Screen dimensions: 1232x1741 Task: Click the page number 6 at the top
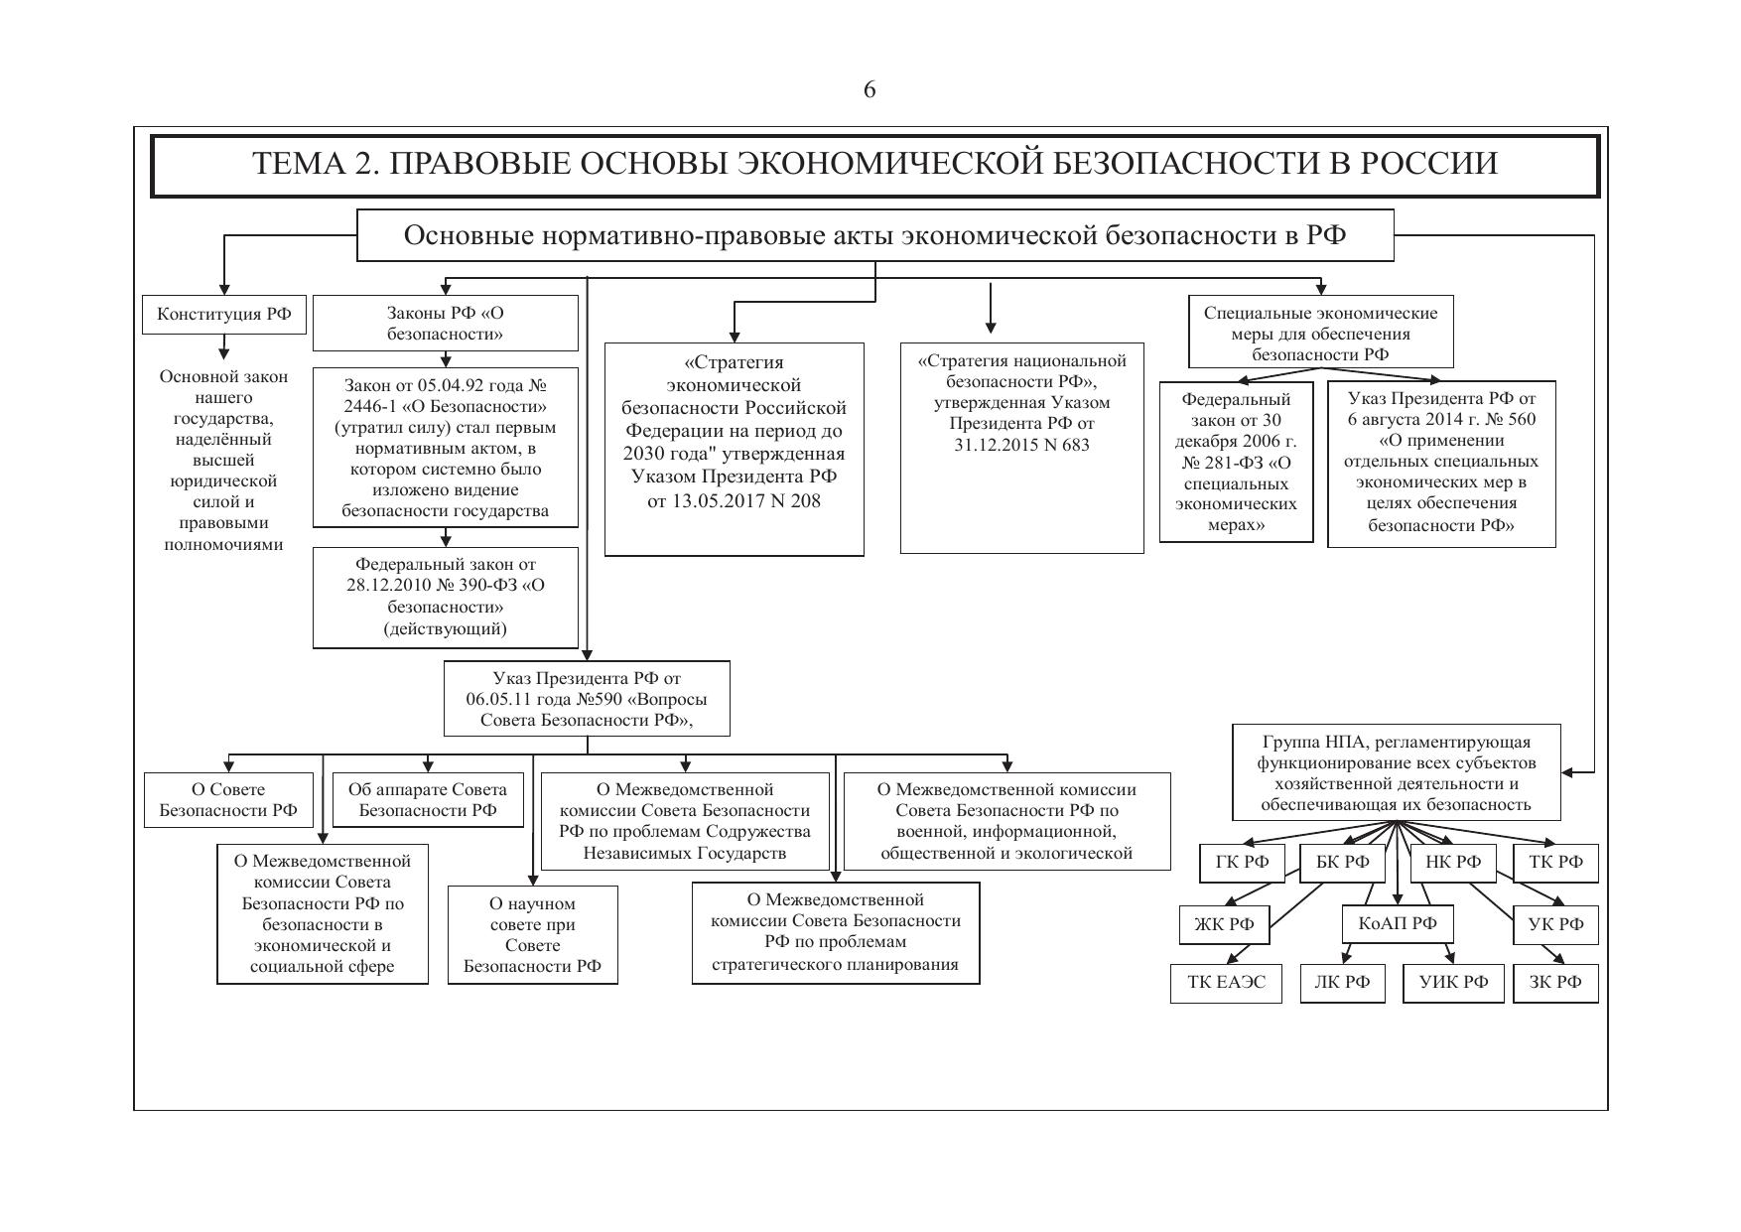870,90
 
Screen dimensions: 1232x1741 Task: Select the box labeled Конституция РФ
224,314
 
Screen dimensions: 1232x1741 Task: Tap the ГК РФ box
1242,862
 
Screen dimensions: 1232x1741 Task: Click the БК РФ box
1342,862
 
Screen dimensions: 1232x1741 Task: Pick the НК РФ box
1452,862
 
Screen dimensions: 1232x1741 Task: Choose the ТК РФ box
1555,862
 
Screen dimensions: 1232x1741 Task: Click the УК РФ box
1555,924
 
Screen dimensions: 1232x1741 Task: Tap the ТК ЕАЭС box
1226,983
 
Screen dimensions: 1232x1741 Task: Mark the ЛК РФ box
1342,983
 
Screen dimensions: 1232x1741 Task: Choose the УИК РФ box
1453,983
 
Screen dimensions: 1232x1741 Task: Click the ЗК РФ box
1555,983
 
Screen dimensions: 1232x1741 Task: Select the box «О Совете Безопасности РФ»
228,800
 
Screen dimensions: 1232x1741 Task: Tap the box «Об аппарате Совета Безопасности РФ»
428,800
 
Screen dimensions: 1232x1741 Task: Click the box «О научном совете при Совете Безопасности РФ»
533,934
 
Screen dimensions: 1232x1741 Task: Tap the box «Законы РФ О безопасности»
446,324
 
